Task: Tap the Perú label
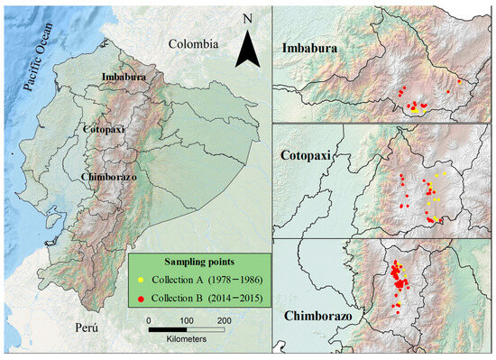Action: coord(88,327)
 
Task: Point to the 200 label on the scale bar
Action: coord(223,319)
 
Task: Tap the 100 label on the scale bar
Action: coord(186,319)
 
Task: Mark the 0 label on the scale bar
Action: coord(147,319)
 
